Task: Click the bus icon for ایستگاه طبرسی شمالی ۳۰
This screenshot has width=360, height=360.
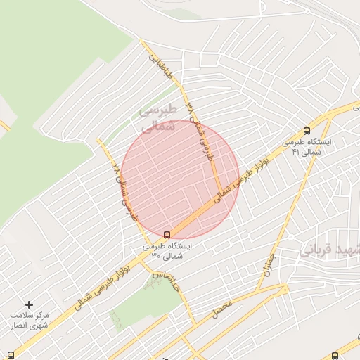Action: point(167,234)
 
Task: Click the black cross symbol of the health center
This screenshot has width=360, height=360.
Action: point(29,304)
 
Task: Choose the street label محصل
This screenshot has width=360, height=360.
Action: point(222,307)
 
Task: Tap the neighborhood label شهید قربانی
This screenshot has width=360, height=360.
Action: point(330,250)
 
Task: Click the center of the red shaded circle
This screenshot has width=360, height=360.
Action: point(180,179)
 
